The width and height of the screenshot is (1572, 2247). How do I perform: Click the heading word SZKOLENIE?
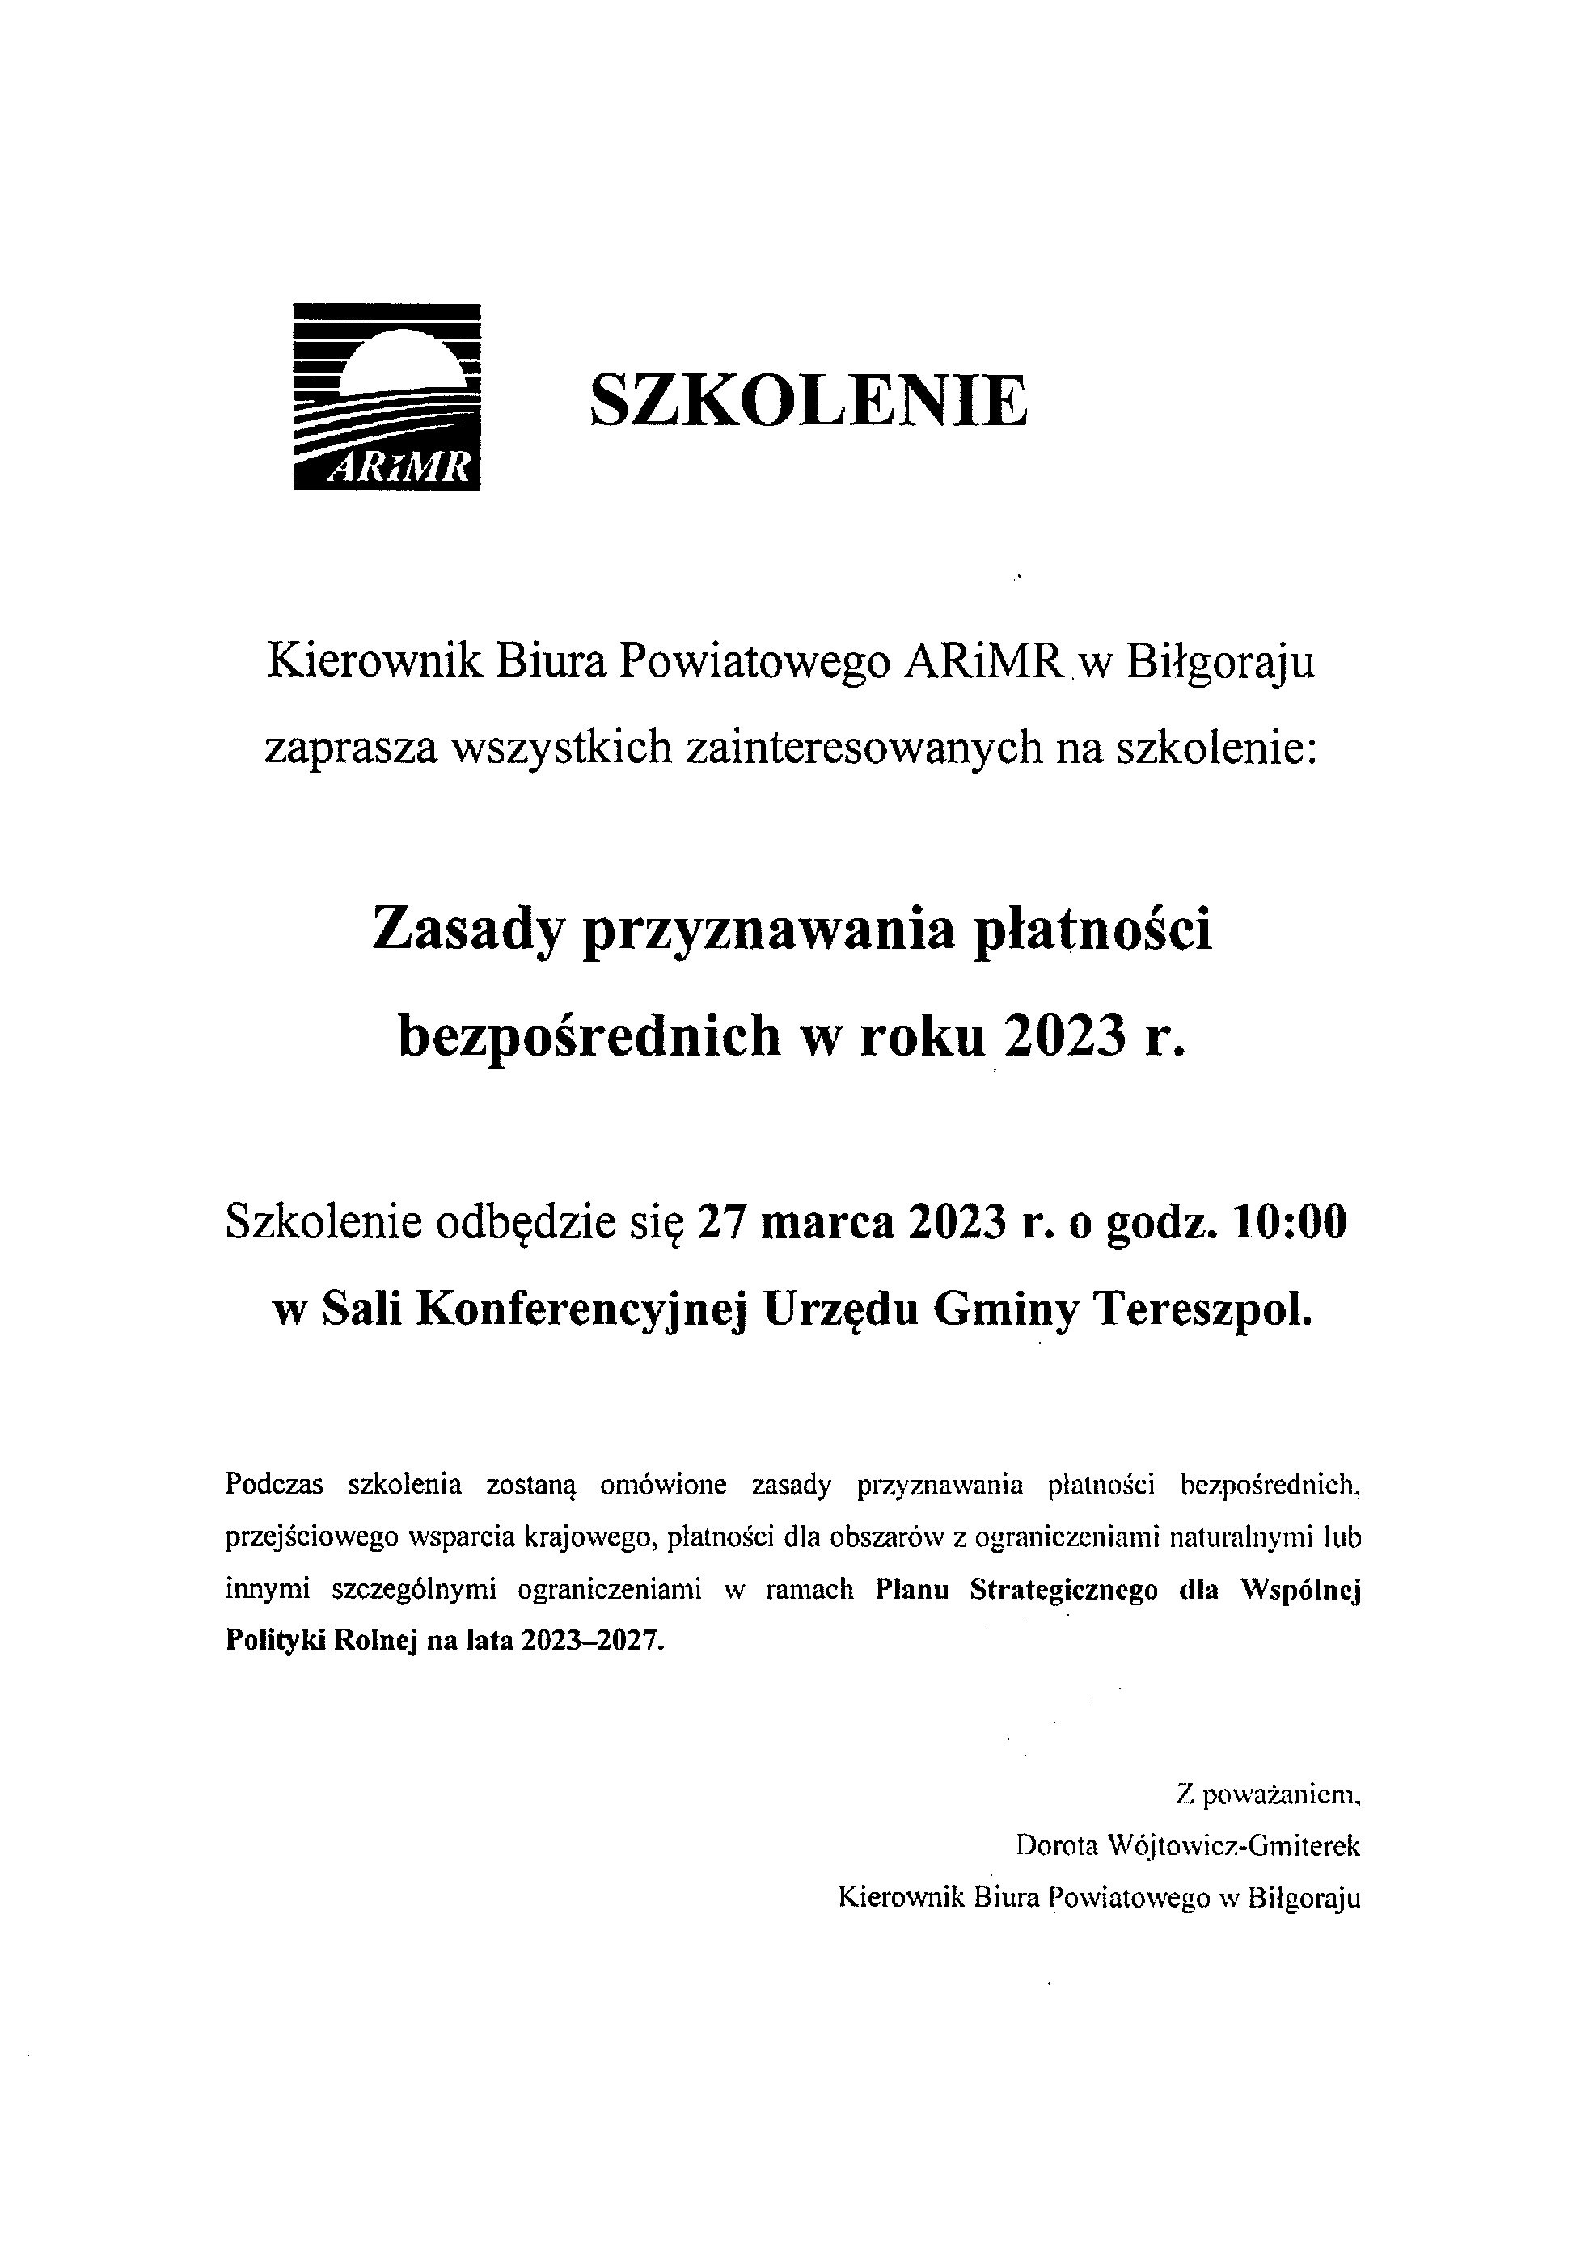point(808,401)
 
